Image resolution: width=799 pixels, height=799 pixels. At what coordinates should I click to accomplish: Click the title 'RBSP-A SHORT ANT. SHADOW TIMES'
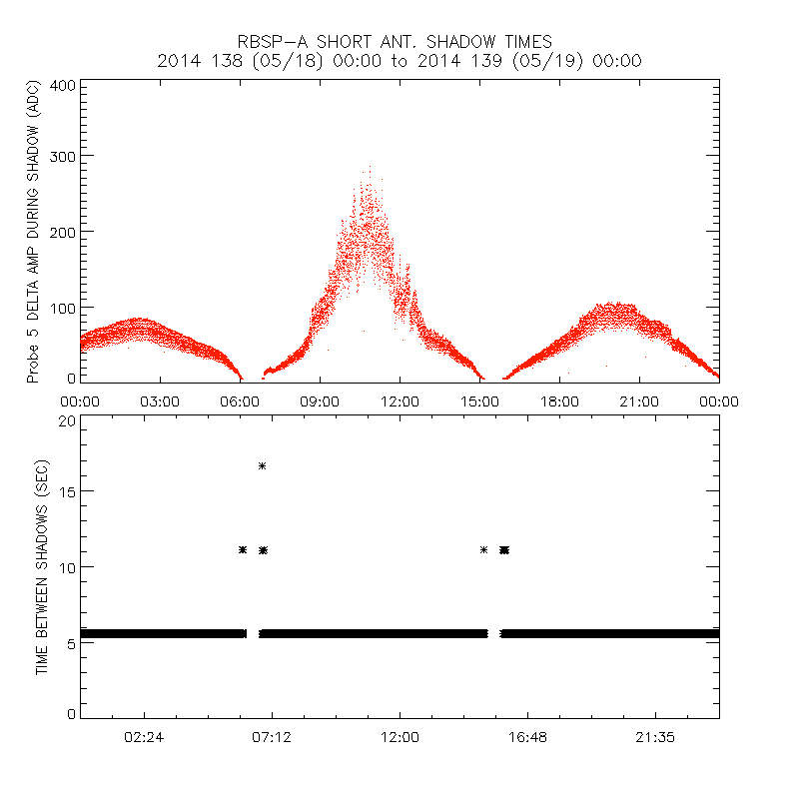click(395, 41)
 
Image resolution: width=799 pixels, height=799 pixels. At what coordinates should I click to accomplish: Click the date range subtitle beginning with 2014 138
click(399, 61)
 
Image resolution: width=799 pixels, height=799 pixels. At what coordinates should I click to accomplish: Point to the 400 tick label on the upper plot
click(63, 85)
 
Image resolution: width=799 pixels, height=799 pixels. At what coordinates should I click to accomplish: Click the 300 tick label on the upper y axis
click(63, 157)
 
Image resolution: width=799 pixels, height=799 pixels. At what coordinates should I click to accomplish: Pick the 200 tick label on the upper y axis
click(63, 231)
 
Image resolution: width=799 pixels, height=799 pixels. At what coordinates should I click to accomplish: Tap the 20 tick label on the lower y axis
click(67, 420)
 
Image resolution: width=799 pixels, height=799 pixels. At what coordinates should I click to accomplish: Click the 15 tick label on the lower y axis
click(67, 491)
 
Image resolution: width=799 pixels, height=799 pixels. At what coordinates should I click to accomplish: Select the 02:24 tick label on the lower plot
click(145, 736)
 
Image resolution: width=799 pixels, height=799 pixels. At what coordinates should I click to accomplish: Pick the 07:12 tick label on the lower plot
click(272, 736)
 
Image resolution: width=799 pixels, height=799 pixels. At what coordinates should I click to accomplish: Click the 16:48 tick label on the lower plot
click(527, 736)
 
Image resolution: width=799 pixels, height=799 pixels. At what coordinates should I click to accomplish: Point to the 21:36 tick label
click(655, 736)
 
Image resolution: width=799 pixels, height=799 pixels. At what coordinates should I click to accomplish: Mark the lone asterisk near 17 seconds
click(262, 465)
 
